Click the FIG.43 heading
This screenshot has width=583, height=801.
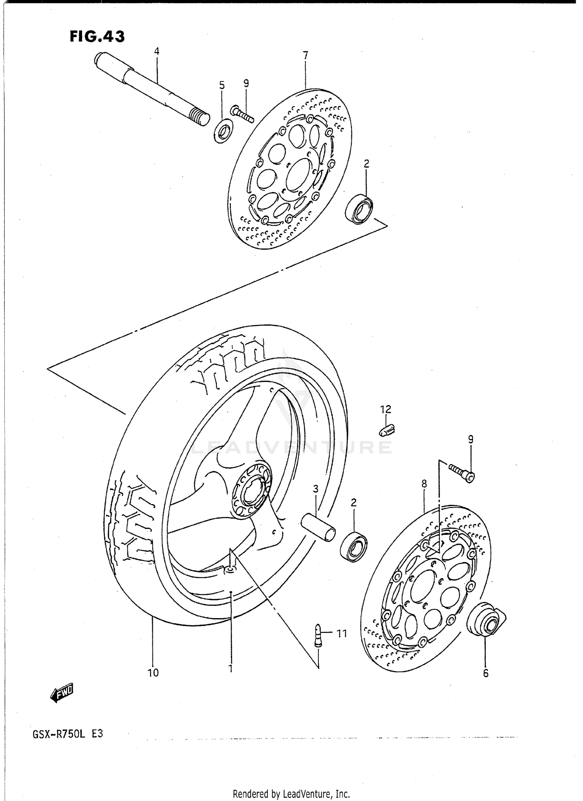(x=97, y=37)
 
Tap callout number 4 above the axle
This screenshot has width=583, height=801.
(x=157, y=51)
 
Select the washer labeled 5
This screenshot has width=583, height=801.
(x=223, y=131)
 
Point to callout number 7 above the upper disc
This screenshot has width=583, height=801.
(x=305, y=56)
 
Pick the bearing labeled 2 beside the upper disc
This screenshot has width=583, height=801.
(x=359, y=209)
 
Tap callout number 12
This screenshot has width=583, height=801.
(x=386, y=409)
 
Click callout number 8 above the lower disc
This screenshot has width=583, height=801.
(x=424, y=484)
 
